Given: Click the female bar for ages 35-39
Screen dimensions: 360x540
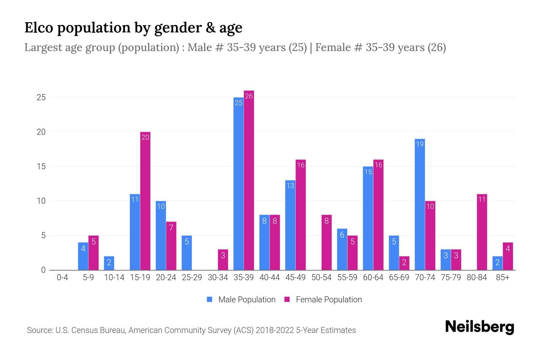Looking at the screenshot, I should tap(249, 180).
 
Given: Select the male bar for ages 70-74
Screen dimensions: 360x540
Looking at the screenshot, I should tap(420, 204).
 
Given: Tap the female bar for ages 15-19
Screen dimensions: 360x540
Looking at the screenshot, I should tap(145, 201).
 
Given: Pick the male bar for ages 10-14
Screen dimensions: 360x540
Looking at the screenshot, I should tap(109, 263).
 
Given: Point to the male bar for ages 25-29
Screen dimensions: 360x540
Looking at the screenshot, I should tap(187, 253).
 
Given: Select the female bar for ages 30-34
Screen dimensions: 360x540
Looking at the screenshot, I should tap(223, 259).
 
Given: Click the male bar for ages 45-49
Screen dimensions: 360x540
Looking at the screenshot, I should tap(290, 225).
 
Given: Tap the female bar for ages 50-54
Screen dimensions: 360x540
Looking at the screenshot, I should tap(326, 242).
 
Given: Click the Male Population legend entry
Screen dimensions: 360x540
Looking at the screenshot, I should tap(241, 299).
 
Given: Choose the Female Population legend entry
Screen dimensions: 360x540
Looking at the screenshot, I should tap(323, 299).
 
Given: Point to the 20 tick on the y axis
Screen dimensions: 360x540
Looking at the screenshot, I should tap(41, 132).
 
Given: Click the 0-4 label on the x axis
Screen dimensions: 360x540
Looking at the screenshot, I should tap(62, 277).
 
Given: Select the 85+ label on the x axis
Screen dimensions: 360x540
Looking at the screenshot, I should tap(502, 277).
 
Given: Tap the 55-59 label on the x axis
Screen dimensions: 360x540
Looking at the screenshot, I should tap(347, 277).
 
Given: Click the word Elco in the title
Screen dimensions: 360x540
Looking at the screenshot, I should tap(39, 28).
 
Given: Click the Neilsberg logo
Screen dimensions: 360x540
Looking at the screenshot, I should tap(479, 327).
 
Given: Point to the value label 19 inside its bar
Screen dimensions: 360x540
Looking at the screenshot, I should tap(420, 144).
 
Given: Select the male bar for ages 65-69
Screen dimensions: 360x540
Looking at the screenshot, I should tap(394, 253).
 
